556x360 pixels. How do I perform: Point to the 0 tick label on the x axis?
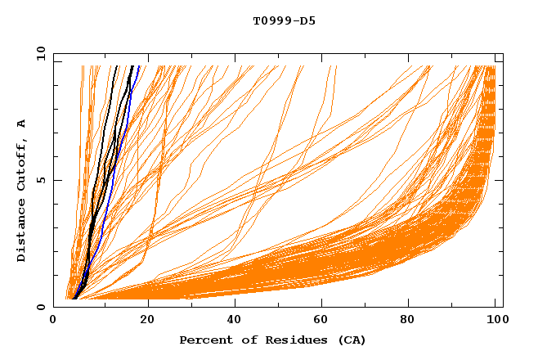[53, 320]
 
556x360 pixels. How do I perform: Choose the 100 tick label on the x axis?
[496, 320]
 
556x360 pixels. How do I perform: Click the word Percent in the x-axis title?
[204, 340]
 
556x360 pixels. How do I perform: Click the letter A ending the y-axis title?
[22, 123]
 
